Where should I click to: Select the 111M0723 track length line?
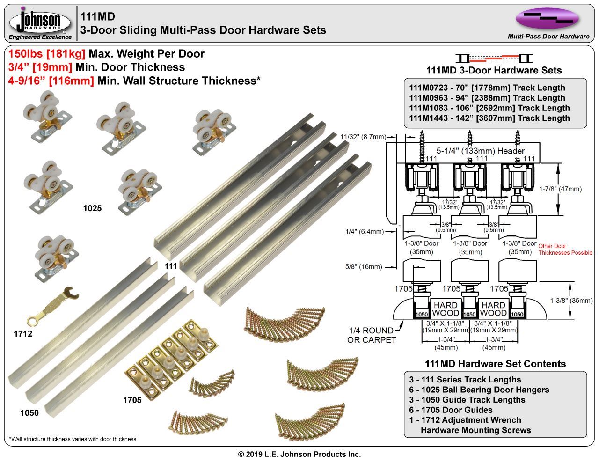(x=487, y=88)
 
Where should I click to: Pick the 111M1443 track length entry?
(x=489, y=118)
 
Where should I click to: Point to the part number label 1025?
(x=92, y=208)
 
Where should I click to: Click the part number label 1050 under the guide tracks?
(x=29, y=413)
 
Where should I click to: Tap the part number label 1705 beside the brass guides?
(x=132, y=400)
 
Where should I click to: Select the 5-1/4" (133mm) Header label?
(x=481, y=151)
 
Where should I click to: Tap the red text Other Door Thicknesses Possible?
(x=565, y=250)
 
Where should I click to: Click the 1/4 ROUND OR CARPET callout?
(x=372, y=335)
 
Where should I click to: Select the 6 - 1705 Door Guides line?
(x=451, y=410)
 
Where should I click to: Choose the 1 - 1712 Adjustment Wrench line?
(x=465, y=420)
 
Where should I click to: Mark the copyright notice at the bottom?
(x=299, y=454)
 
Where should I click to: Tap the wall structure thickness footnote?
(x=73, y=439)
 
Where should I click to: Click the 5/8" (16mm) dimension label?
(x=364, y=267)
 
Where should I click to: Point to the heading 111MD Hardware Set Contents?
(x=495, y=364)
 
